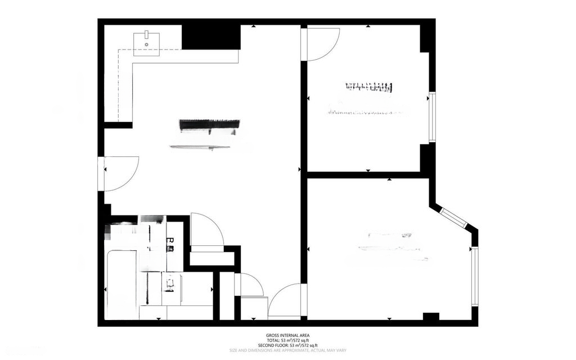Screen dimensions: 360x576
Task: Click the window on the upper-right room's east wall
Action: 432,117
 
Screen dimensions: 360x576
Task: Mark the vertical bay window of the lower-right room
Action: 475,276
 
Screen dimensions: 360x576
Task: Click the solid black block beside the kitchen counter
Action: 211,37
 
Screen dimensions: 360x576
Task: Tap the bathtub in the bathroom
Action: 121,284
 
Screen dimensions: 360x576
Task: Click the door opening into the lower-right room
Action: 287,301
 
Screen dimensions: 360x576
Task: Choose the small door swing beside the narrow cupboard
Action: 251,285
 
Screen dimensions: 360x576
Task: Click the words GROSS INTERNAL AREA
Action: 287,335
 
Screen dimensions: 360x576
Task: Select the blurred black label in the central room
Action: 209,126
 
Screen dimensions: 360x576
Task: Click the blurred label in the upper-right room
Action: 368,87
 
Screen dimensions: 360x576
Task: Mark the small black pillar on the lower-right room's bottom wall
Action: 431,317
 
